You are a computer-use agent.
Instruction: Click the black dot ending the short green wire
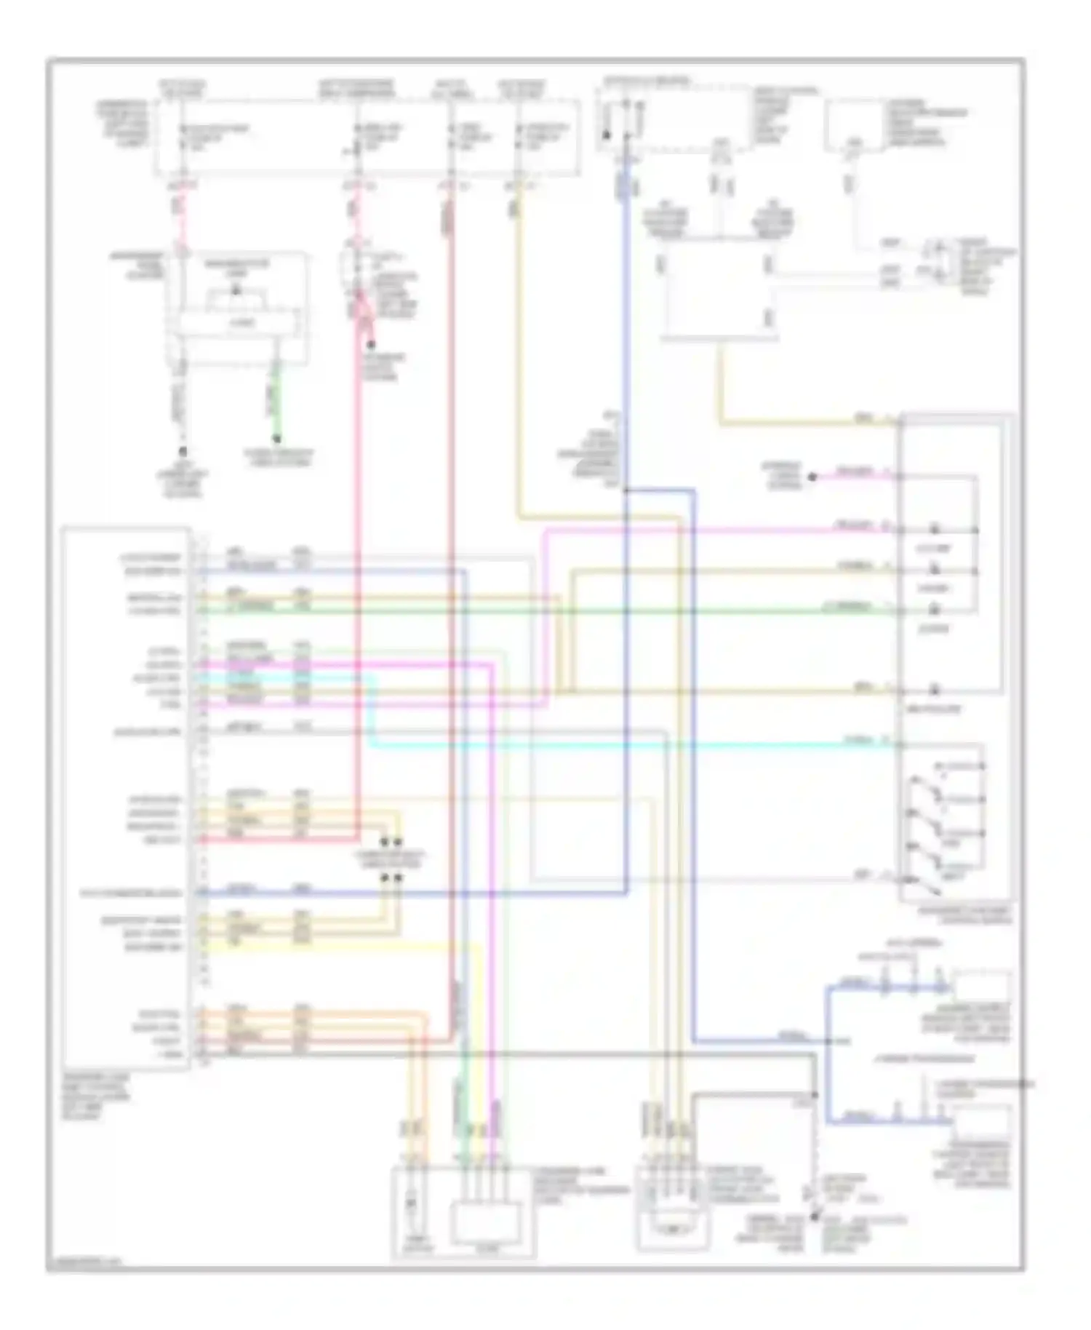(276, 439)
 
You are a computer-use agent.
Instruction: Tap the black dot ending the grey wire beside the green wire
(183, 451)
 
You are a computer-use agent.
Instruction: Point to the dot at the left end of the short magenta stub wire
(813, 477)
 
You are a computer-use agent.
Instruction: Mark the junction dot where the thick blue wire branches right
(626, 490)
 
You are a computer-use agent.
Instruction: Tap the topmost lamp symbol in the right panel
(935, 529)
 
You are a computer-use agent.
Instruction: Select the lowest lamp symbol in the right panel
(935, 689)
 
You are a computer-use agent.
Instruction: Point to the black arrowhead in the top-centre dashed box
(607, 135)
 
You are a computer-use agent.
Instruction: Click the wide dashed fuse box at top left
(367, 138)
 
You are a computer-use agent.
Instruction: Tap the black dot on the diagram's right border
(1025, 1085)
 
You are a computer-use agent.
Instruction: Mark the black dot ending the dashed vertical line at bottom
(814, 1216)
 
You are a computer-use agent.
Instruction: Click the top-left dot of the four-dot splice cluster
(385, 842)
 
